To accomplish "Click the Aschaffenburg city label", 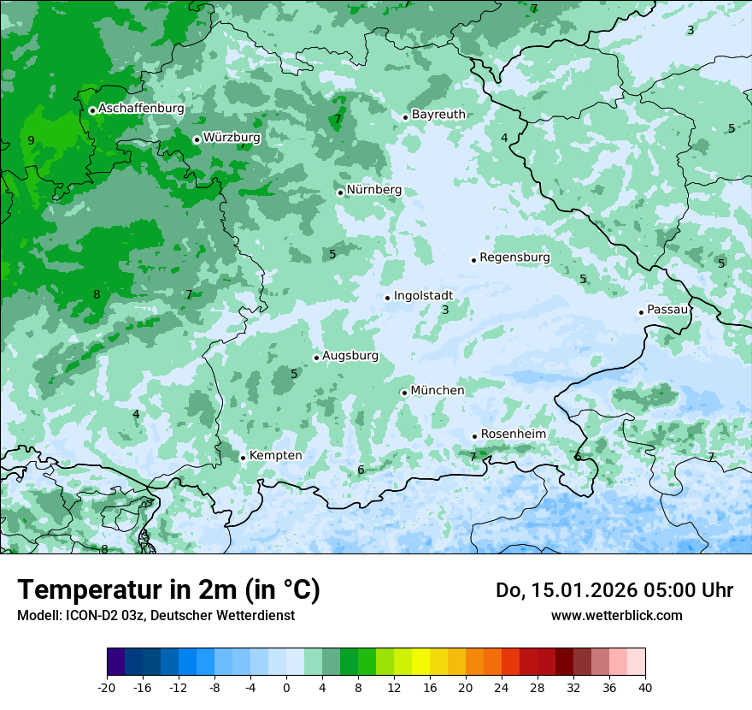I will [x=141, y=109].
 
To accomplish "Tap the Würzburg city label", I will [x=232, y=138].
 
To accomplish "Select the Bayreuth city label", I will [x=438, y=115].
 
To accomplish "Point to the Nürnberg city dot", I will [x=340, y=192].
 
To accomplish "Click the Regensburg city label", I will [x=514, y=257].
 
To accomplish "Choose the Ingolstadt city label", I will [x=423, y=296].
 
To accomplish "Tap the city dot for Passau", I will [x=641, y=312].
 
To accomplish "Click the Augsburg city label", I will [x=350, y=356].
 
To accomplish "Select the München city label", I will [x=438, y=391].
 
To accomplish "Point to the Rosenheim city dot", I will [x=474, y=436].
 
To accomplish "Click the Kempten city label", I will [x=275, y=456].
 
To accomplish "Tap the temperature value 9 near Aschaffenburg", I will [x=31, y=140].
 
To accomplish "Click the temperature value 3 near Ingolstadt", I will [x=445, y=311].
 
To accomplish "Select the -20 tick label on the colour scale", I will [x=107, y=687].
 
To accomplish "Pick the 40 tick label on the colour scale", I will [x=644, y=687].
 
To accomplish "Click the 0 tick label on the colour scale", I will [x=286, y=687].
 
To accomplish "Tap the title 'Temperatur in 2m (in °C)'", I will [x=168, y=590].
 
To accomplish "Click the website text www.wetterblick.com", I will [x=616, y=616].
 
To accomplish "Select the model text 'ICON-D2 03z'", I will [x=103, y=616].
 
